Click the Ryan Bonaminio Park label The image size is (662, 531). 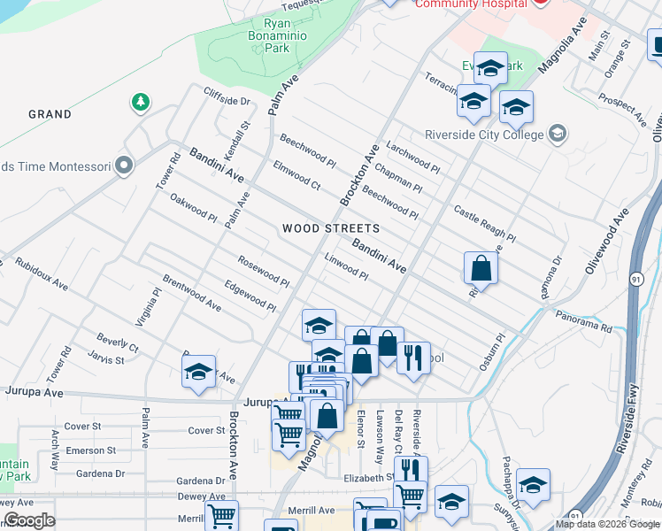coord(280,35)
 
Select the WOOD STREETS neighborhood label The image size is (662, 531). coord(331,228)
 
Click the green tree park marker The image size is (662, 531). coord(140,103)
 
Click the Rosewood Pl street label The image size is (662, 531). coord(263,271)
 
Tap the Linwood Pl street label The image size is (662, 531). coord(346,266)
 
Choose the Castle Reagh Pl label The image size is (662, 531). coord(484,224)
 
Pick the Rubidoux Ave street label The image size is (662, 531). coord(42,274)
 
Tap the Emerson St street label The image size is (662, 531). coord(91,450)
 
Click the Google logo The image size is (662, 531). coord(29,520)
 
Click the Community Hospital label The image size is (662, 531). coord(472,4)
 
